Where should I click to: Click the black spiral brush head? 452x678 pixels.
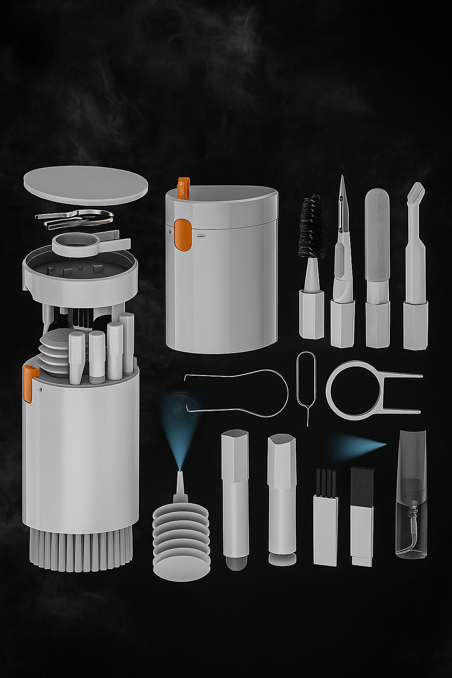312,228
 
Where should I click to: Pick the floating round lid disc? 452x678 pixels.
85,185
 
